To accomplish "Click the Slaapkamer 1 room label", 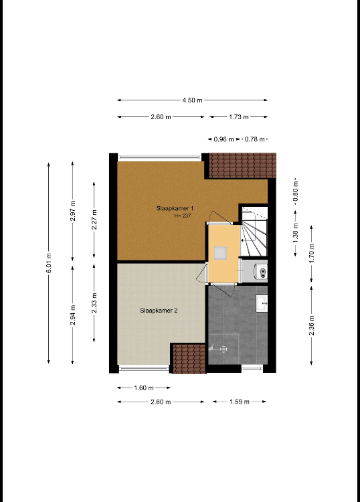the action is pos(175,208).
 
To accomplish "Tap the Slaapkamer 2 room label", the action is pos(159,310).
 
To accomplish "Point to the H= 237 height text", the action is pos(183,216).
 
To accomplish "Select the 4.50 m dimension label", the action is pos(192,100).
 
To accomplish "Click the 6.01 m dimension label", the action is pos(49,263).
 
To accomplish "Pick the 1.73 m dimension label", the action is pos(239,117).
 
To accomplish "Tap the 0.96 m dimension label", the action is pos(223,139).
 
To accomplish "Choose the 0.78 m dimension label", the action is pos(255,139).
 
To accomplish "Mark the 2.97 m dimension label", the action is pos(73,211).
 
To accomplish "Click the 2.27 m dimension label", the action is pos(94,220).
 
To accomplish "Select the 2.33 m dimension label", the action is pos(94,303).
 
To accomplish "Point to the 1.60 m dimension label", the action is pos(144,388).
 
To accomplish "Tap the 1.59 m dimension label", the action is pos(240,402).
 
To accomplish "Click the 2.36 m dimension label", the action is pos(312,325).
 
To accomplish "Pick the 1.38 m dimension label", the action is pos(296,233).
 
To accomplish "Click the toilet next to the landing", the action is pos(260,272).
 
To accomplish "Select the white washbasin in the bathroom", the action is pos(262,303).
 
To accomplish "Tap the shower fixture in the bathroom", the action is pos(218,349).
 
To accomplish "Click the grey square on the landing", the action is pos(220,252).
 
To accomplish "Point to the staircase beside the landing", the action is pos(254,232).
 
